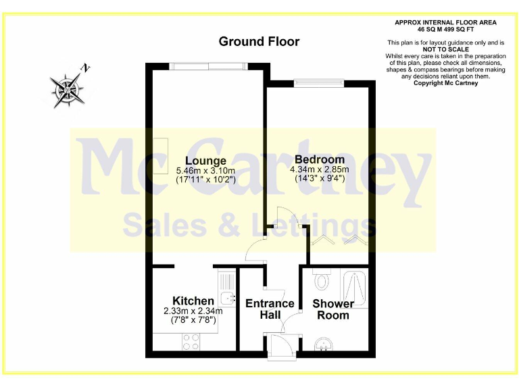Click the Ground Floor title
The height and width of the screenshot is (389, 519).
[x=259, y=42]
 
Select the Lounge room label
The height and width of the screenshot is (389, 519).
[x=201, y=161]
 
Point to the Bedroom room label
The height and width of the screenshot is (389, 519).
[x=319, y=159]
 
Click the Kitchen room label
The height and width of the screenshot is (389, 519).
[x=193, y=301]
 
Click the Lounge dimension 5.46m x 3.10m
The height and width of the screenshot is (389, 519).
[x=205, y=171]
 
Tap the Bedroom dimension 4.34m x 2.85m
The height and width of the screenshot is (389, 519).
[x=320, y=169]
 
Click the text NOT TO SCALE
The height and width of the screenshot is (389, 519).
[x=445, y=49]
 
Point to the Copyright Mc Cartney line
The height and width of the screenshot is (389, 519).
[x=445, y=83]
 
